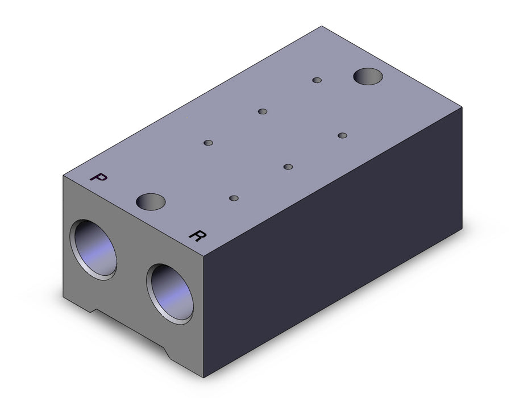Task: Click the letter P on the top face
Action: pos(98,177)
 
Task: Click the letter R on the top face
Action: pos(198,235)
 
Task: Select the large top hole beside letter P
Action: pos(151,202)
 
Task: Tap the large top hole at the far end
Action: pos(368,77)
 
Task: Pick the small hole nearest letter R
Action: pos(234,198)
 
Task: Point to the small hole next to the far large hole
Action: pos(317,80)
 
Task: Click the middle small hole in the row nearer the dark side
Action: pos(288,167)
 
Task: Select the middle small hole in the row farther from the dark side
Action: pos(263,111)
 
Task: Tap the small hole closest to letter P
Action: pos(208,143)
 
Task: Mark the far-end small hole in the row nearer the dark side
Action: pos(342,135)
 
